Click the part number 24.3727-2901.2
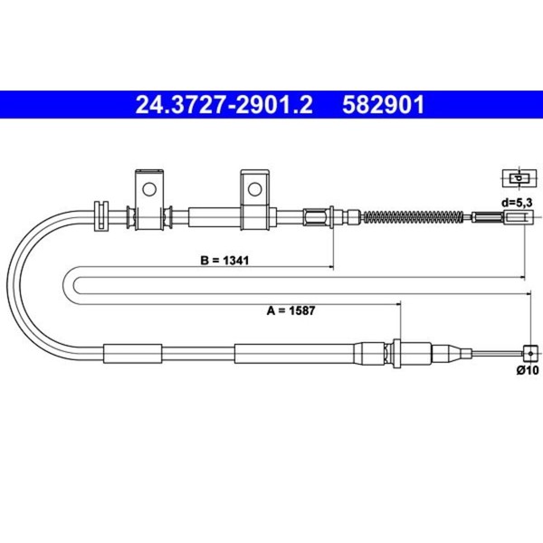[224, 105]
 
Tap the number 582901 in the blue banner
[384, 105]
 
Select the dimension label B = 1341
[224, 260]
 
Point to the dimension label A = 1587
[291, 310]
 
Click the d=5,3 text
[517, 203]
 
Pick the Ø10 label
[528, 370]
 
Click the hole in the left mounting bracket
[149, 189]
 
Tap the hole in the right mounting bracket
[254, 189]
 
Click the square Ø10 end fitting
[530, 354]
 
